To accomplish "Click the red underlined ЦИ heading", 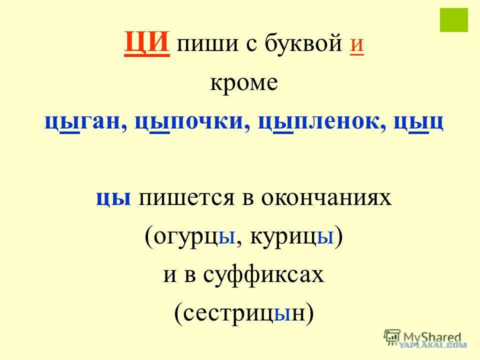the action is (x=147, y=43).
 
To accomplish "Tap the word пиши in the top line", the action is (x=207, y=44).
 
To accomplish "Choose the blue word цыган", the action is (x=82, y=122).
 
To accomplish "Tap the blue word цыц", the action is (x=418, y=122).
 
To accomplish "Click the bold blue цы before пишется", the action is (x=113, y=198).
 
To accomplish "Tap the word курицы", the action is (x=291, y=236).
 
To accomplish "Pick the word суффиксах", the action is (x=263, y=275).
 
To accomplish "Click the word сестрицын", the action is (x=244, y=313).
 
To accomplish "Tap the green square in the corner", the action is (x=454, y=20).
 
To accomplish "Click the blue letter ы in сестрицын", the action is (x=282, y=314).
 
